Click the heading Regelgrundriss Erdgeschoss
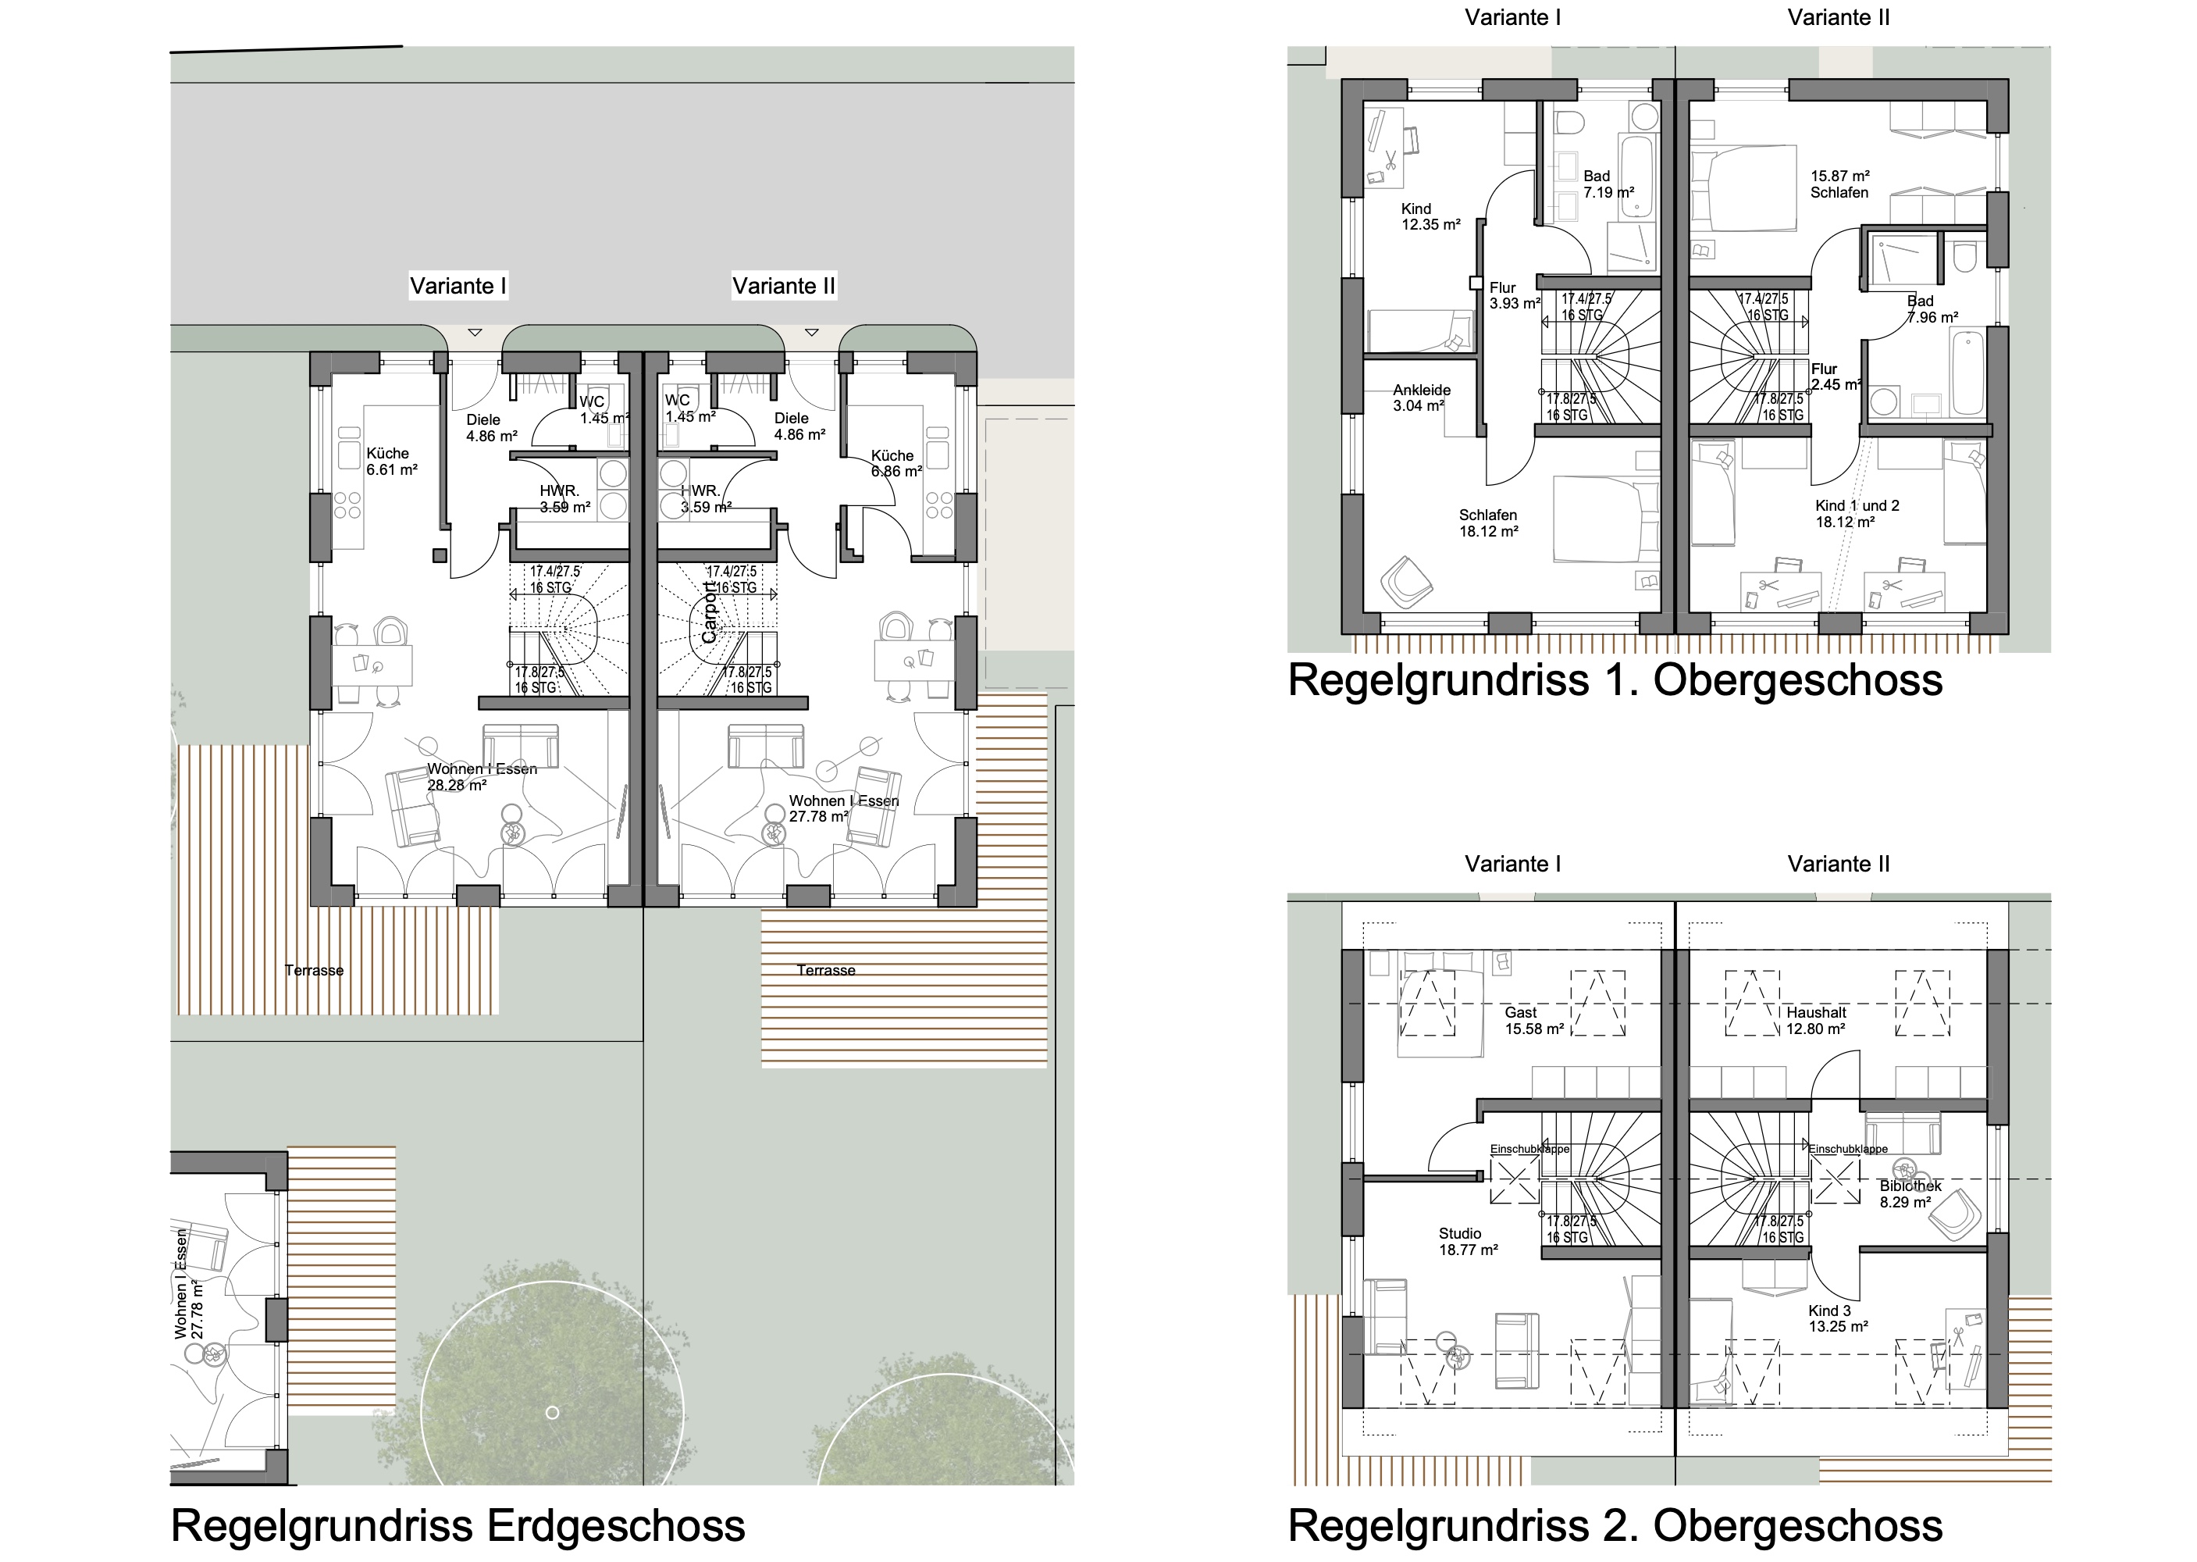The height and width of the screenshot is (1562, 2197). [x=458, y=1525]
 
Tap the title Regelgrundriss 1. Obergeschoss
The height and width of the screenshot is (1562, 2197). [x=1615, y=680]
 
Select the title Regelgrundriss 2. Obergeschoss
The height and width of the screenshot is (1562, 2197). [x=1615, y=1525]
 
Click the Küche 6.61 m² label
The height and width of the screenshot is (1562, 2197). [x=390, y=462]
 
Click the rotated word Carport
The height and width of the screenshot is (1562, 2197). [x=710, y=612]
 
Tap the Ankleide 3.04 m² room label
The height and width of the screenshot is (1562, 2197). [x=1421, y=398]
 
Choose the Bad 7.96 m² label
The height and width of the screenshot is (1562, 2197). [x=1931, y=308]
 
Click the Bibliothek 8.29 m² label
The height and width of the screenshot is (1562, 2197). [x=1910, y=1193]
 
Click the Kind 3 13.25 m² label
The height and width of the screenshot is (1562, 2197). [x=1836, y=1318]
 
